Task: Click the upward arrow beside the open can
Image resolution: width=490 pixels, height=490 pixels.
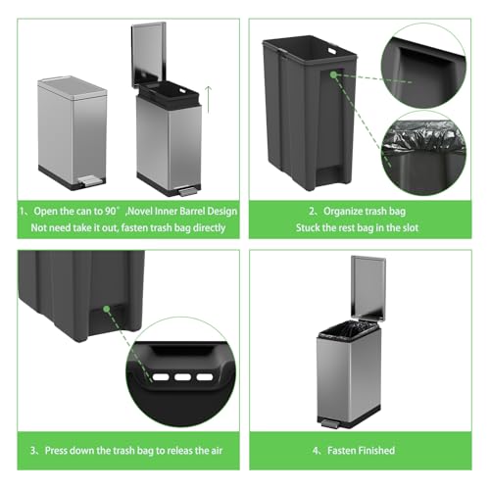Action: click(209, 100)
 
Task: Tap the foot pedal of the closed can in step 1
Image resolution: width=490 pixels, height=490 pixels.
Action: click(89, 180)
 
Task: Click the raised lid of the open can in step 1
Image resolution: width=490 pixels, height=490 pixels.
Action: click(149, 55)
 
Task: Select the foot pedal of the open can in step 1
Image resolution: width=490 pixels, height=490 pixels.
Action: click(188, 191)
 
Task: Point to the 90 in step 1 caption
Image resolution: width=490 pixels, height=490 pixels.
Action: click(111, 211)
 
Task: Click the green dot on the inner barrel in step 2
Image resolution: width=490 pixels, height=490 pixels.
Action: click(333, 74)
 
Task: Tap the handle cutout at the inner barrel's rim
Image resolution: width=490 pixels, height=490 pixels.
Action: click(332, 51)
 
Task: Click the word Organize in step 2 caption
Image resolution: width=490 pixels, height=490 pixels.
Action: click(343, 211)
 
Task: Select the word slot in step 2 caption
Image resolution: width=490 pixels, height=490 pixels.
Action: click(411, 227)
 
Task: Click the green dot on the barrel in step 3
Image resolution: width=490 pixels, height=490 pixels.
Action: click(106, 309)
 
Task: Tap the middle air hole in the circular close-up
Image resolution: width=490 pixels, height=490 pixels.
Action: click(182, 377)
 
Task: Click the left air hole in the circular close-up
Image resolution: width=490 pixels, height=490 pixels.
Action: click(161, 377)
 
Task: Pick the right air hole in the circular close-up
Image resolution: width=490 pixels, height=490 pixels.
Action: click(205, 377)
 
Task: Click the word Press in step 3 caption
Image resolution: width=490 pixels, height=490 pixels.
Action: click(56, 451)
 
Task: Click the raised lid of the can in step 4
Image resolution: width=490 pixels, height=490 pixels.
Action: click(368, 287)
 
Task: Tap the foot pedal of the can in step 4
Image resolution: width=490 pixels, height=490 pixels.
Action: click(329, 424)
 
